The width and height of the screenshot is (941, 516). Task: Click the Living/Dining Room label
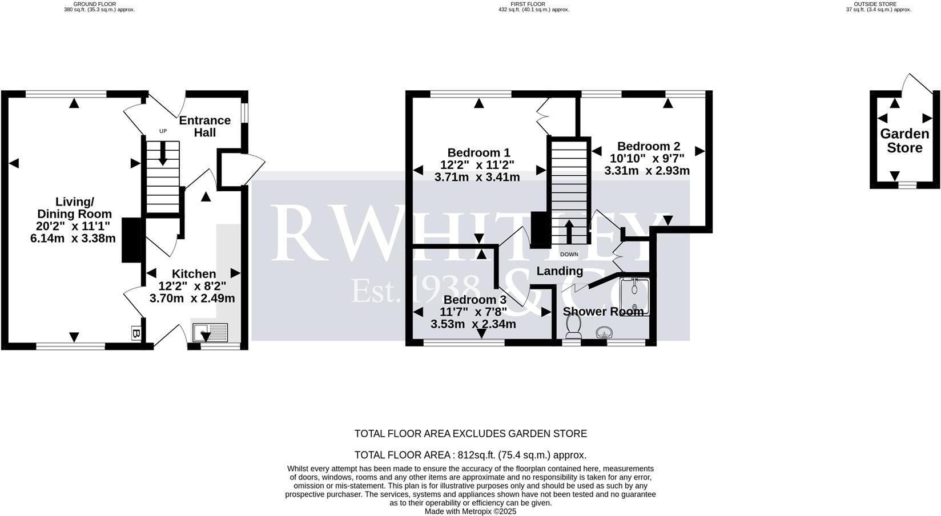click(74, 208)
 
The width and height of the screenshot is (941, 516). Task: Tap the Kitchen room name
click(194, 274)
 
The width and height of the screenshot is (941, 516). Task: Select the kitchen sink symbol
click(210, 332)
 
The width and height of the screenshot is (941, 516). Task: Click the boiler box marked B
click(136, 333)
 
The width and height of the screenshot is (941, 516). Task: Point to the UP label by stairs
click(163, 131)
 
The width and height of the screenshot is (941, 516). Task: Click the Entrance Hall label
click(204, 126)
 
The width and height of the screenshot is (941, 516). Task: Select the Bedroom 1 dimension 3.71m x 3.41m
click(477, 177)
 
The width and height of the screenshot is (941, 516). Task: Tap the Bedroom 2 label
click(648, 146)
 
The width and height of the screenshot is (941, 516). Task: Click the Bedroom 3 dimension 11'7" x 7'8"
click(473, 312)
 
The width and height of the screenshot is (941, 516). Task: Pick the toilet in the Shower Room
click(573, 326)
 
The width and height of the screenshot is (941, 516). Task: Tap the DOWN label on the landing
click(569, 255)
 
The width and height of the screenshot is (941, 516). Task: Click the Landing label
click(560, 271)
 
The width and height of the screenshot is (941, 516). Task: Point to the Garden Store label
click(904, 141)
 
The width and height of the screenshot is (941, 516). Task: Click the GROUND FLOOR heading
click(99, 4)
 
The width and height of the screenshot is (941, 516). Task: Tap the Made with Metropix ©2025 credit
click(470, 511)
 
